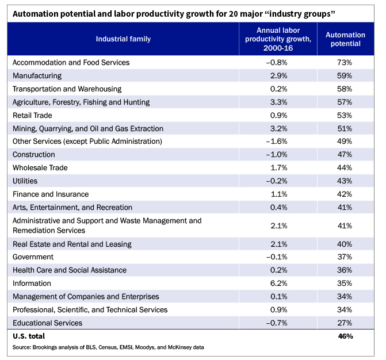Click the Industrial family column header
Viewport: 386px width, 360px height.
click(123, 39)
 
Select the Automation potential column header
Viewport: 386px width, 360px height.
click(345, 39)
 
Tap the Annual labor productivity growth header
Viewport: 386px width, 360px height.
click(278, 39)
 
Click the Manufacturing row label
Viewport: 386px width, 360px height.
click(37, 75)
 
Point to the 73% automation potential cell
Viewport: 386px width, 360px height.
click(345, 62)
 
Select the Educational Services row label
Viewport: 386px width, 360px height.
click(47, 323)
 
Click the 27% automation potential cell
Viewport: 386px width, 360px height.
click(345, 323)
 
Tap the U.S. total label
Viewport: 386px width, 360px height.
click(29, 336)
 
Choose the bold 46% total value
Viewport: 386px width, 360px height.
click(345, 336)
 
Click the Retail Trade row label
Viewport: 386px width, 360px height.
click(32, 115)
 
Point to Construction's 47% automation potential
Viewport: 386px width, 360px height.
click(345, 155)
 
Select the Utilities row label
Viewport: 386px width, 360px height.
click(25, 181)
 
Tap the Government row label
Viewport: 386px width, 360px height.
click(33, 257)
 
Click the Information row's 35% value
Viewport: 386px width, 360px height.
click(345, 284)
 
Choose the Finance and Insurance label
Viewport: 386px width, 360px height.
click(51, 194)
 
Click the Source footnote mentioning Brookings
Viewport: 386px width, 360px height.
click(108, 347)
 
